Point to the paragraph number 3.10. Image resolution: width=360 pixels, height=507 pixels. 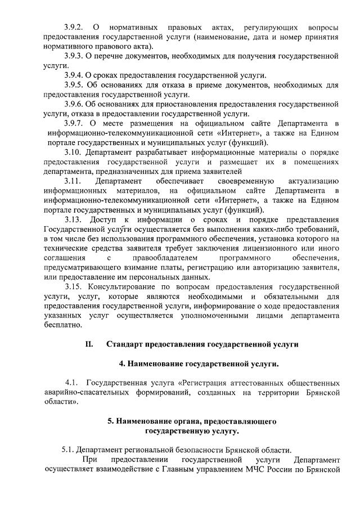tap(73, 152)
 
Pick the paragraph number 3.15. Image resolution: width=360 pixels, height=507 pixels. tap(73, 286)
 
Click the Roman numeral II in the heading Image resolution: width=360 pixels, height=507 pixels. tap(89, 343)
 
